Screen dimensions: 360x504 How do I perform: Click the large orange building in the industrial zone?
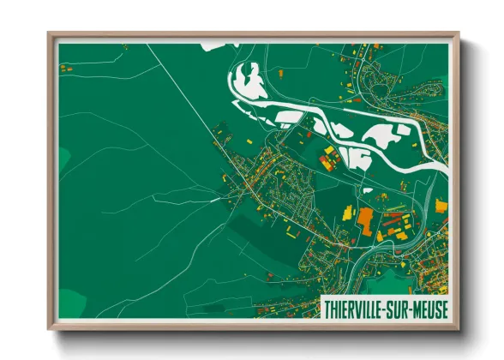coord(366,219)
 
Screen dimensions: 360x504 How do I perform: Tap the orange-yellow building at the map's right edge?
coord(441,205)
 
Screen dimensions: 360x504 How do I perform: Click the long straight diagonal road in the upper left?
coord(180,86)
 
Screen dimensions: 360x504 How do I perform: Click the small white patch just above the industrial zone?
coord(367,190)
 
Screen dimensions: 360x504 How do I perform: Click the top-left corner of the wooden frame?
coord(50,35)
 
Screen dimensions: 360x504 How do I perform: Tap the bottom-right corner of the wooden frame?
coord(458,328)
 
